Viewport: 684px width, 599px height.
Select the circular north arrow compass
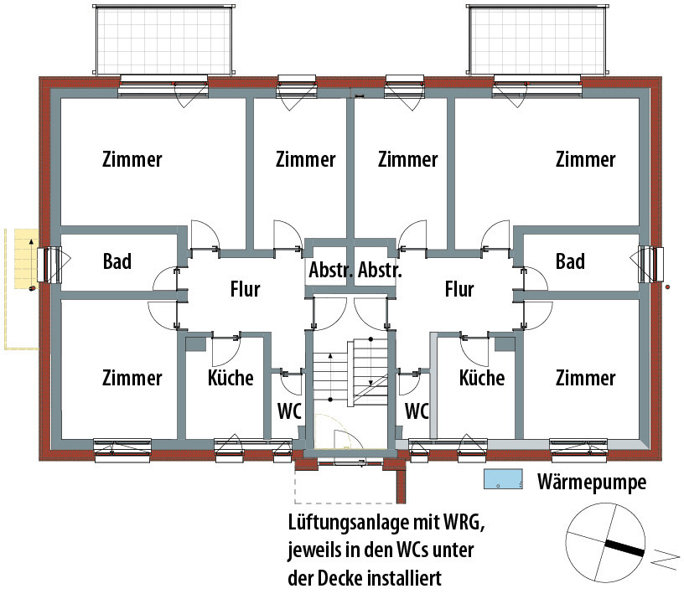pos(605,544)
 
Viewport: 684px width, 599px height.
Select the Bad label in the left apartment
pos(117,261)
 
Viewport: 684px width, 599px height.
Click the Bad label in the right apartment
pos(570,261)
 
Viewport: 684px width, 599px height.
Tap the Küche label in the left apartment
pos(231,378)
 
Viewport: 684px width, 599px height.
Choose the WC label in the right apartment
pos(417,411)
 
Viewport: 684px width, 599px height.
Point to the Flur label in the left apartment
pos(245,290)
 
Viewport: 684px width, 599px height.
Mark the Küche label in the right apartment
pos(482,378)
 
